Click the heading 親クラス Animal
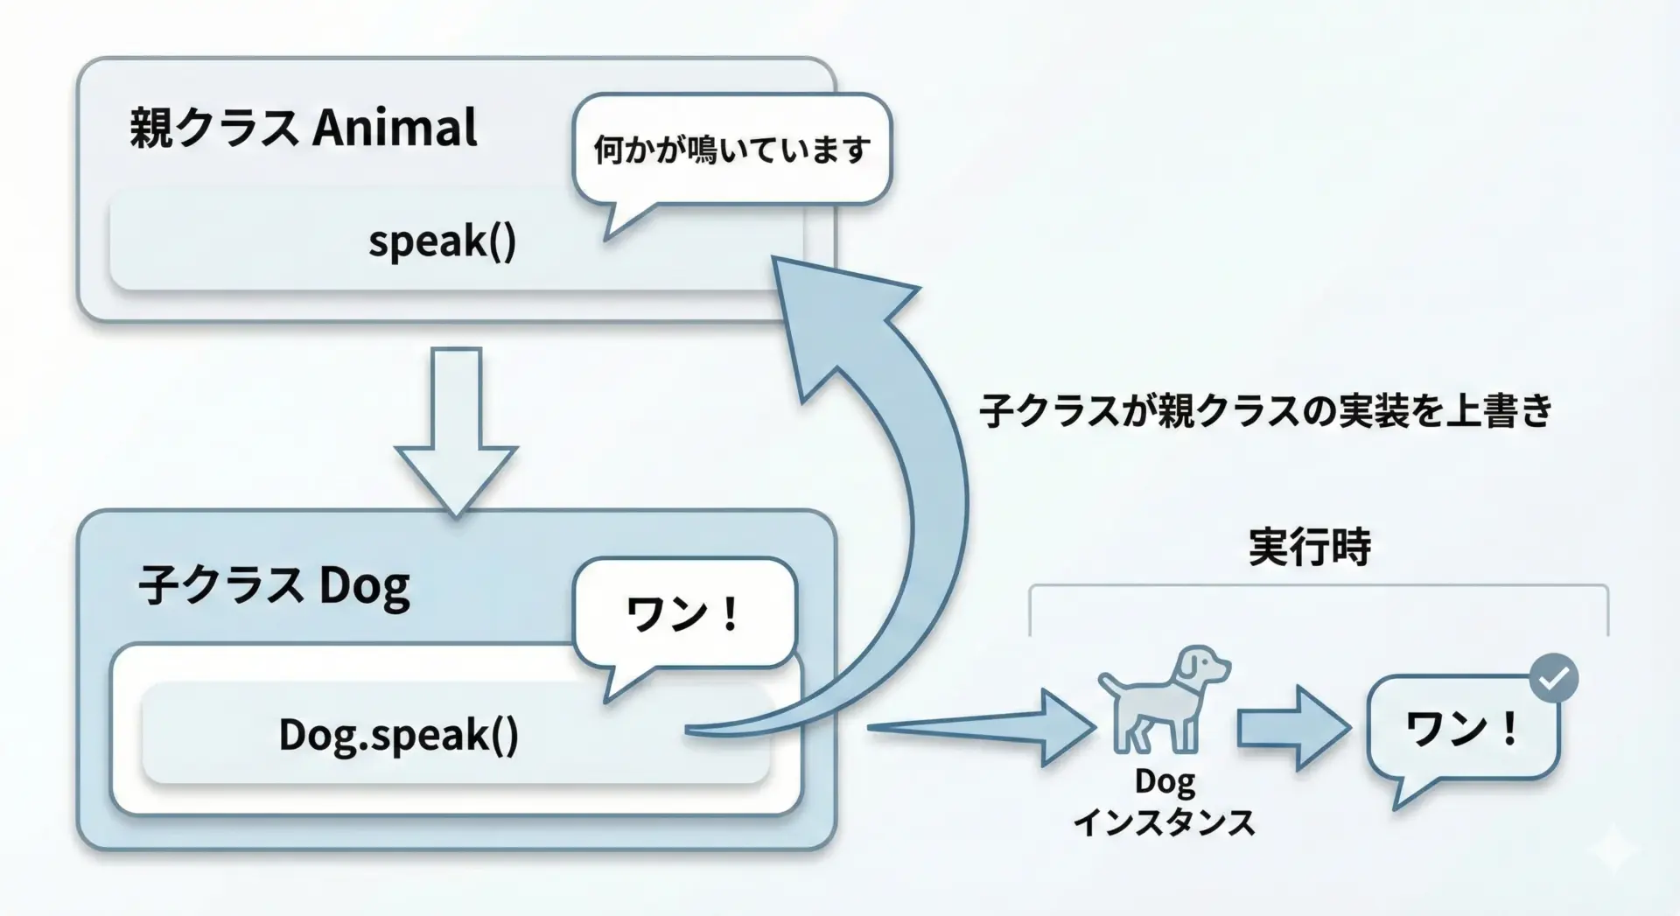coord(304,128)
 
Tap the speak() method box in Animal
coord(455,240)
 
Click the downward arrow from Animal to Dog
coord(456,431)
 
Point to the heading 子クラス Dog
coord(274,585)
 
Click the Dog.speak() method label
coord(399,735)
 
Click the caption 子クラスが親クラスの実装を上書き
coord(1266,410)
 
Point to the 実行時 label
coord(1309,548)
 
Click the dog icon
coord(1165,700)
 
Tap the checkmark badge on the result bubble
coord(1554,678)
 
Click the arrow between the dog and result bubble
coord(1294,728)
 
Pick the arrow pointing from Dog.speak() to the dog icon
coord(981,728)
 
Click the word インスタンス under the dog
coord(1165,822)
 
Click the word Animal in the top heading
coord(395,128)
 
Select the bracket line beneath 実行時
coord(1319,585)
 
